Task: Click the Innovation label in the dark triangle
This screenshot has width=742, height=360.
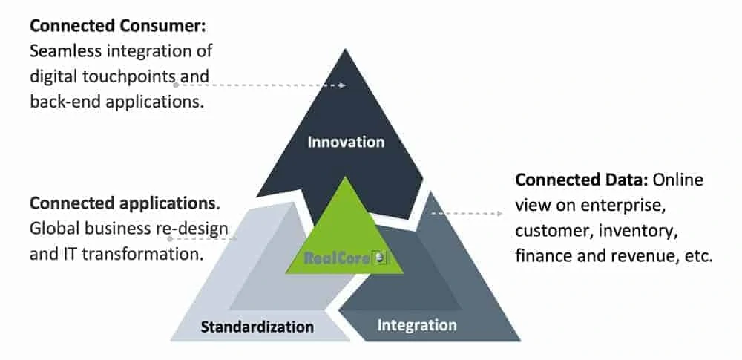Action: [x=346, y=141]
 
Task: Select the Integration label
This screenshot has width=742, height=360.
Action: [x=416, y=325]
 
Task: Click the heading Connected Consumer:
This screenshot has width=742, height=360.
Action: [x=118, y=26]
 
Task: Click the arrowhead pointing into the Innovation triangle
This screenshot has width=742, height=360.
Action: [x=342, y=85]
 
